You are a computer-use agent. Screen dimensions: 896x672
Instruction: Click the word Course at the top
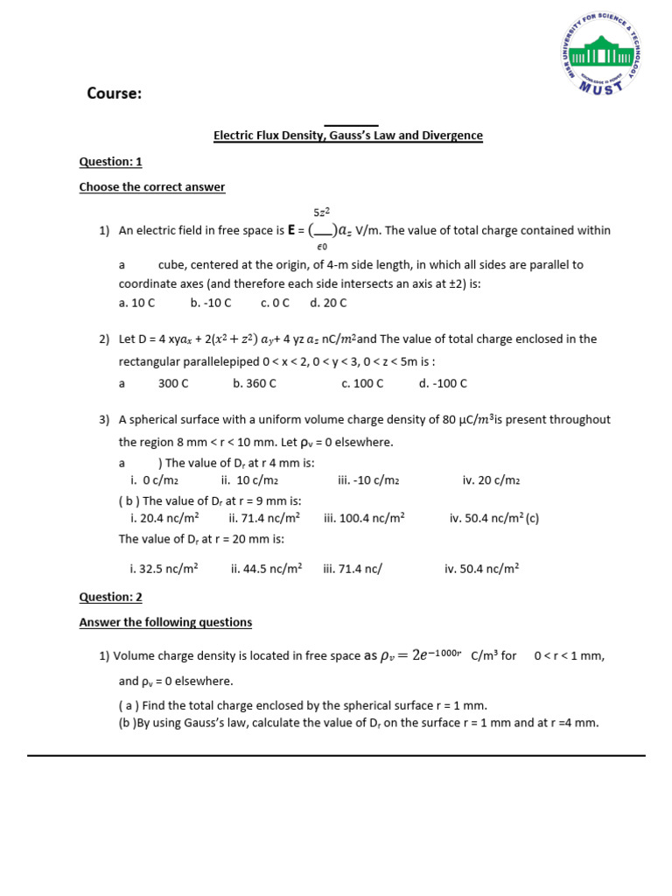click(114, 94)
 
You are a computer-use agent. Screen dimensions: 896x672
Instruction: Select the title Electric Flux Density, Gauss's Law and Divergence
click(348, 136)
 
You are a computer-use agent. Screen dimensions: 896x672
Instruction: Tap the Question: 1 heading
click(110, 162)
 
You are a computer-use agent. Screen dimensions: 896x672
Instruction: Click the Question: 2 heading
click(110, 597)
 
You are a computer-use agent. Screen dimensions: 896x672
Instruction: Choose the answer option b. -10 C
click(210, 303)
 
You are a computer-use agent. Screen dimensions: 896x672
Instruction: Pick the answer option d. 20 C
click(328, 303)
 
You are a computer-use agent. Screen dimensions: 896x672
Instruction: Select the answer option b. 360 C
click(255, 383)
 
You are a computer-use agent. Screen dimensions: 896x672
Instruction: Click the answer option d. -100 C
click(443, 383)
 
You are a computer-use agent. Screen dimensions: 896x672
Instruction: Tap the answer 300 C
click(173, 383)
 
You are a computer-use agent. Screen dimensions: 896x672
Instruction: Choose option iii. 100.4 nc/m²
click(364, 518)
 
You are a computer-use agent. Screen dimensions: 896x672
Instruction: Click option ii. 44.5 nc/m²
click(266, 568)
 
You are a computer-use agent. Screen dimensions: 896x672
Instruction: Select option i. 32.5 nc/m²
click(164, 568)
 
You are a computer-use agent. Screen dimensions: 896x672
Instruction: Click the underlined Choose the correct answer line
click(151, 187)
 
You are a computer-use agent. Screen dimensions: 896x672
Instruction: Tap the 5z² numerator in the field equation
click(321, 213)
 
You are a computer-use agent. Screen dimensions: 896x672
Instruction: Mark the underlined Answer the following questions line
click(165, 622)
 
